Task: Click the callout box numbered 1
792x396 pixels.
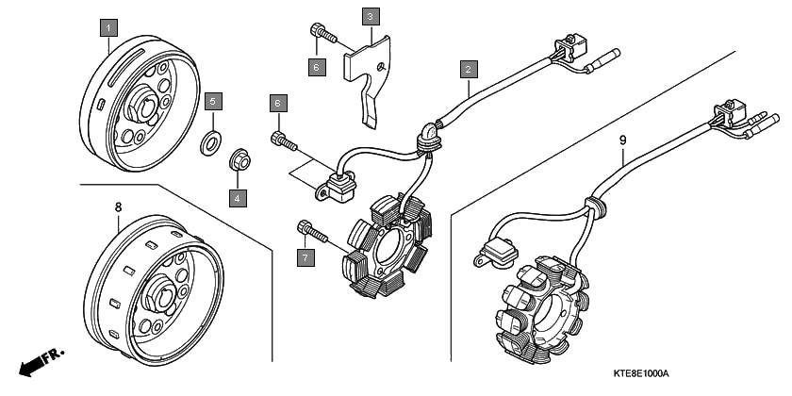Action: [x=109, y=25]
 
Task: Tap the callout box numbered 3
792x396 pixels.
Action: [x=370, y=17]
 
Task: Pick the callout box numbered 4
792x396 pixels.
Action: [x=238, y=198]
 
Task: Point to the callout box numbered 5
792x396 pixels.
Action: [x=213, y=100]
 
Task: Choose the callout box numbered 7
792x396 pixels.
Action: [x=305, y=257]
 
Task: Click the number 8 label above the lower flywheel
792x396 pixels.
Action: [x=118, y=206]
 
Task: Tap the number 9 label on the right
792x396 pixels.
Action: [x=623, y=140]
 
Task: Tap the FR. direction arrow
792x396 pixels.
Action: [x=40, y=361]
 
